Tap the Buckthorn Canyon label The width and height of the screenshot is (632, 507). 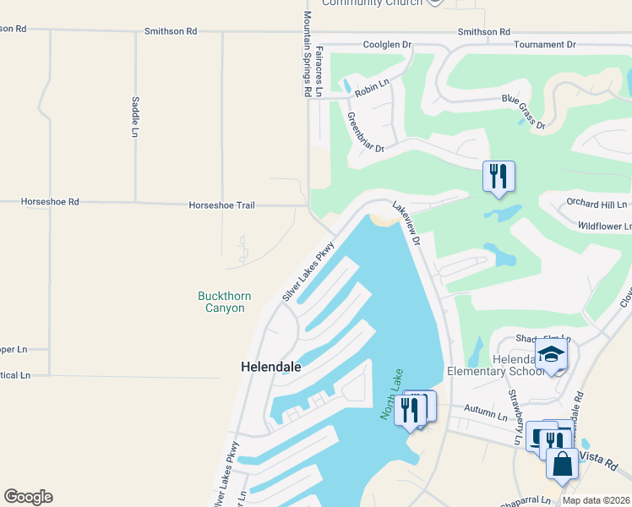221,302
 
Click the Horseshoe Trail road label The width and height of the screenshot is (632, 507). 221,205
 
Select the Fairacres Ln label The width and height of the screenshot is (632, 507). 319,72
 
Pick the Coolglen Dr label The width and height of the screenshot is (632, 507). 386,44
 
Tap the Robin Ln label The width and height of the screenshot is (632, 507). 372,83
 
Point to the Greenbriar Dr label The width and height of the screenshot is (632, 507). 365,133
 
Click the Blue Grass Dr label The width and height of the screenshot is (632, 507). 523,111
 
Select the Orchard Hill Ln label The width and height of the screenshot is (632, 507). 597,204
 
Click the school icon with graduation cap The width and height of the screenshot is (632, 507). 550,354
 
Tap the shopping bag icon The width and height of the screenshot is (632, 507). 562,463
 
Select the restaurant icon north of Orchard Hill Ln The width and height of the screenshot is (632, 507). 499,176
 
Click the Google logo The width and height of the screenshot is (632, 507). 28,497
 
